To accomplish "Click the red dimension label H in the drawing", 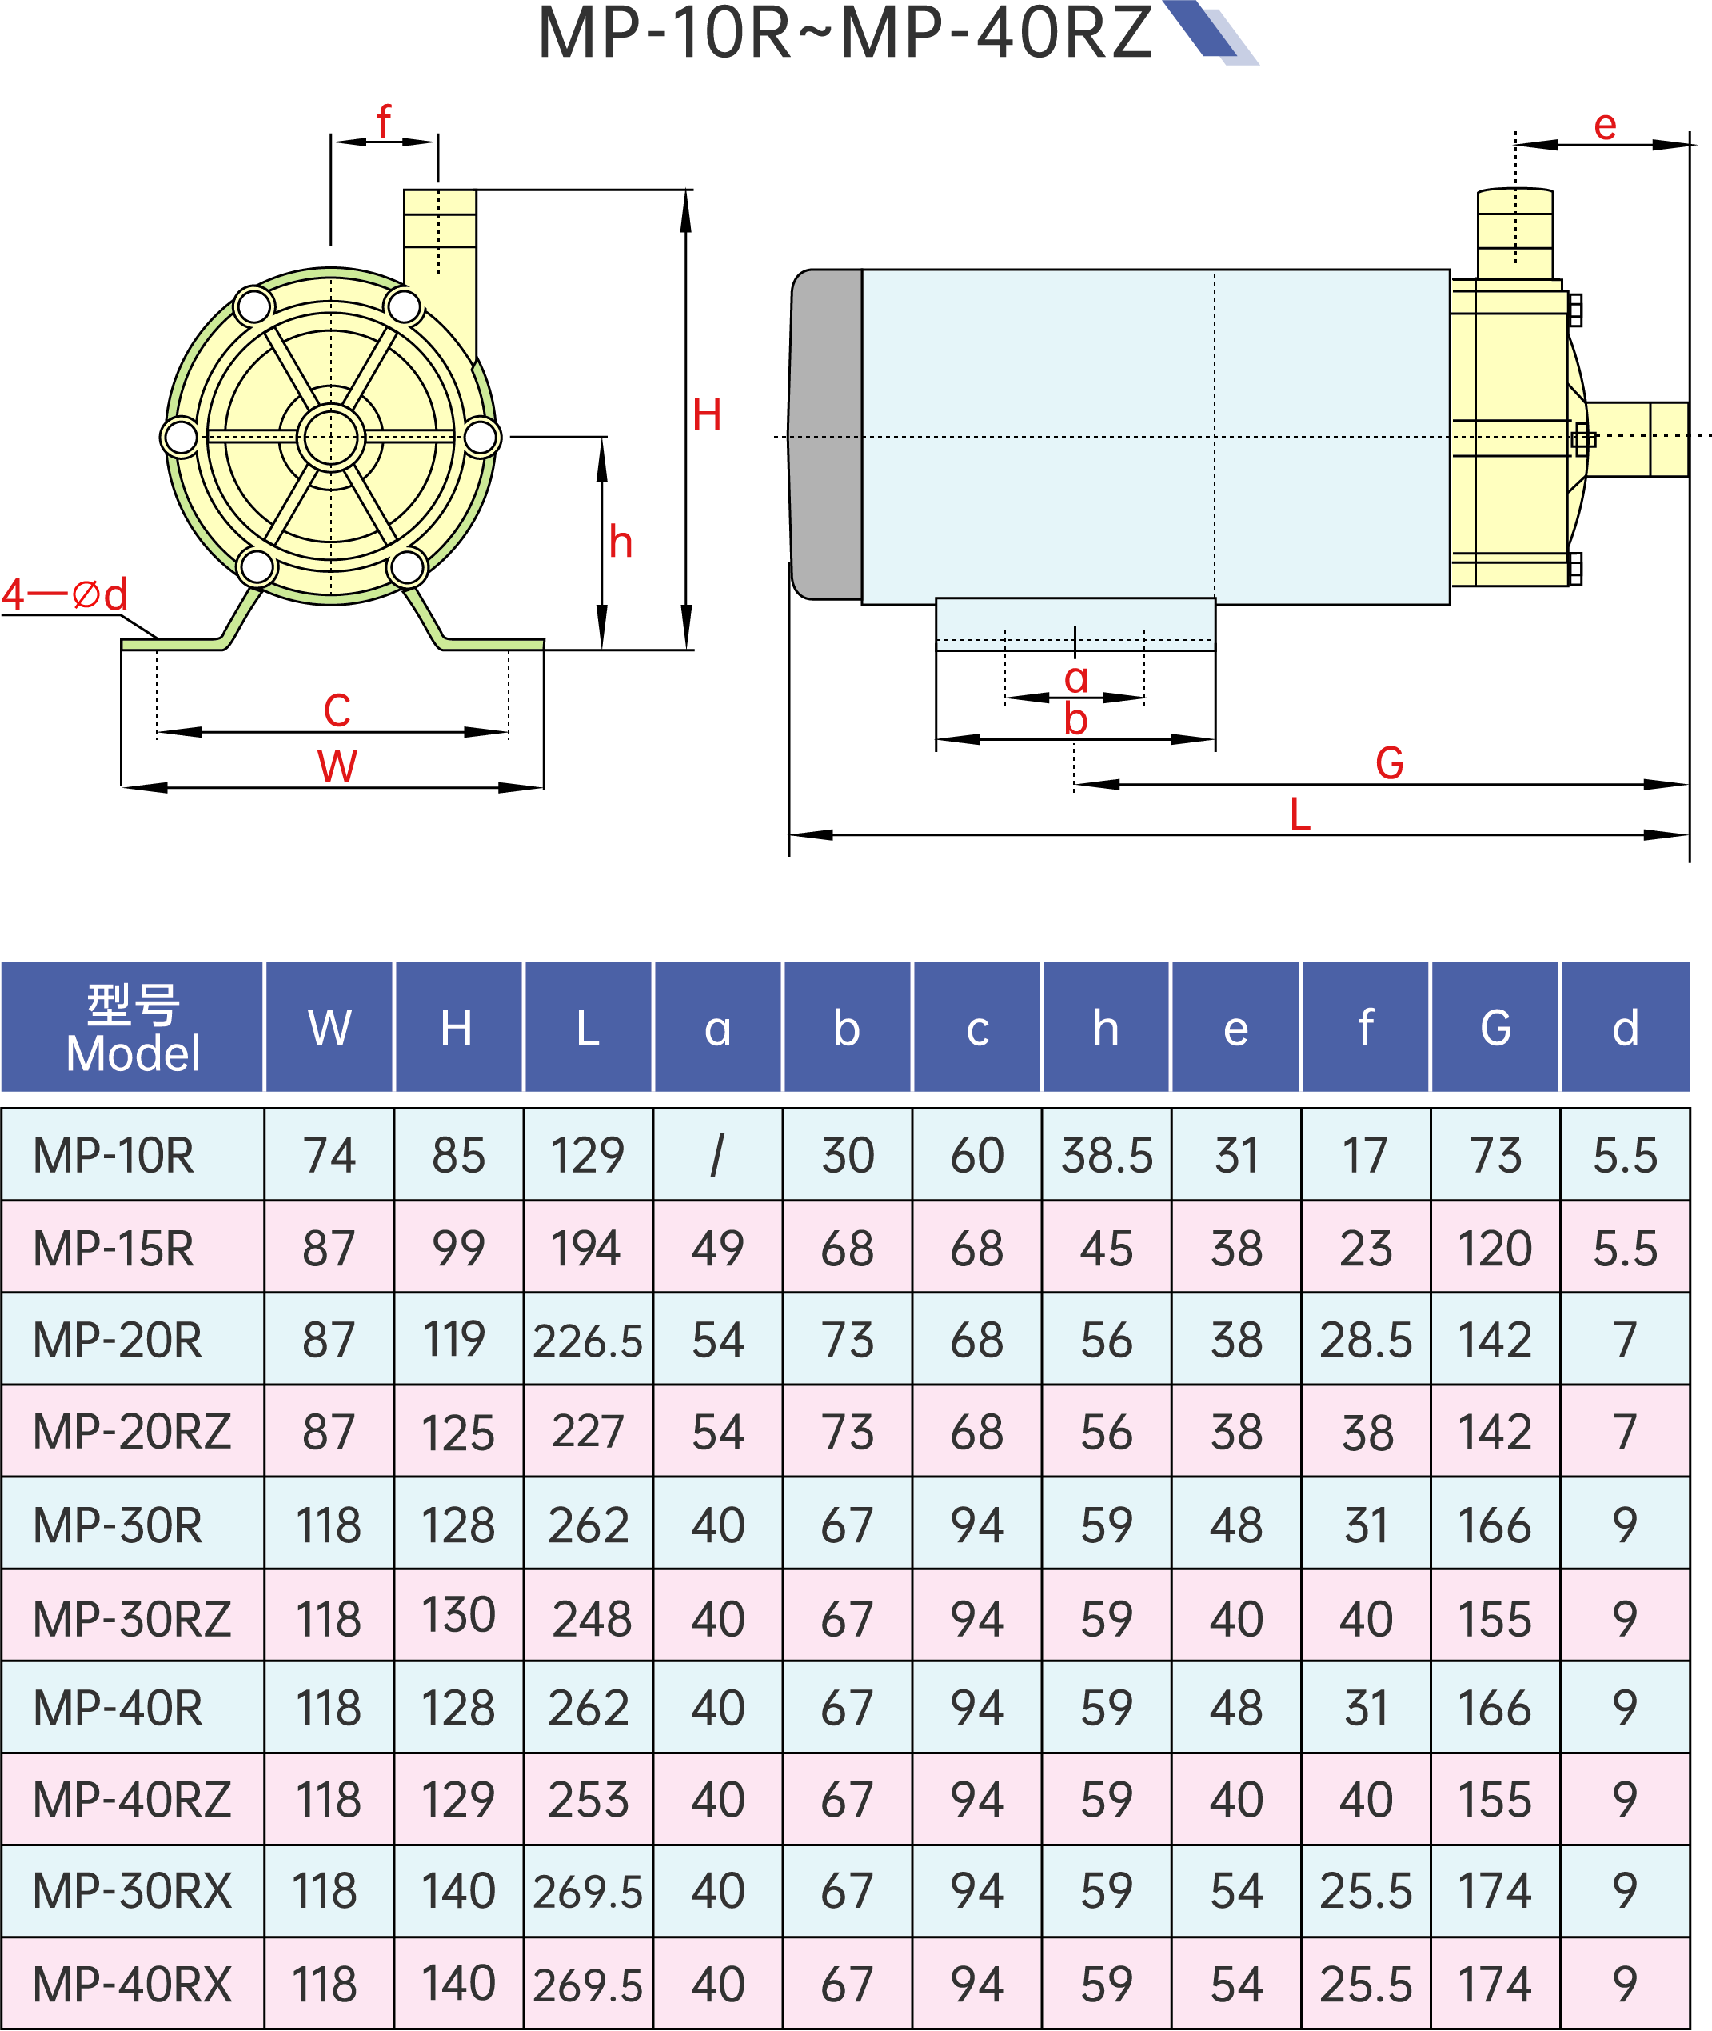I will [x=707, y=415].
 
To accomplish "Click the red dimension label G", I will [x=1389, y=763].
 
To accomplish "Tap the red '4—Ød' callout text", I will [x=64, y=594].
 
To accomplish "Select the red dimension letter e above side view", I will [x=1604, y=126].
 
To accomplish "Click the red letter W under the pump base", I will [x=337, y=766].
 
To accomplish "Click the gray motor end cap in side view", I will [x=826, y=435].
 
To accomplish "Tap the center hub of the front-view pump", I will [x=331, y=438].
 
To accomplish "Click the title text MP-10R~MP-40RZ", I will [x=844, y=33].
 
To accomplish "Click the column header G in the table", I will [x=1495, y=1028].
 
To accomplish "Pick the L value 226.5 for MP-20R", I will [x=587, y=1341].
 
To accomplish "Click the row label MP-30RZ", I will [x=132, y=1619].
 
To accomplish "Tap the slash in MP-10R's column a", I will [x=716, y=1155].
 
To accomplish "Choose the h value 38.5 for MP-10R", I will [x=1107, y=1155].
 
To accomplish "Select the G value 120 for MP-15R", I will [x=1495, y=1249].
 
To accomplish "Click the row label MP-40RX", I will [x=132, y=1985].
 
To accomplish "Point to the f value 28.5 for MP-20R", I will [x=1366, y=1341].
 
